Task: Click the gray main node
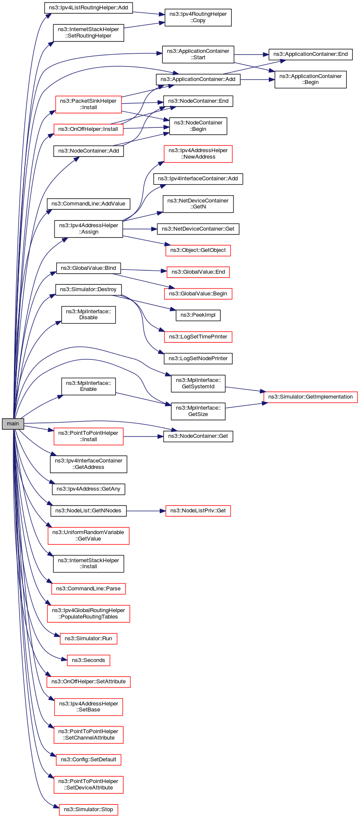pos(13,424)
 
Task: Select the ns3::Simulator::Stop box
pos(88,809)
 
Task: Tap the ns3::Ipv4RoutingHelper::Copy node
pos(198,17)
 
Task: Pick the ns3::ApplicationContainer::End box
pos(310,55)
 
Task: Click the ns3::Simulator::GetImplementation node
pos(310,397)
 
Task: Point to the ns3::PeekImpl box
pos(198,315)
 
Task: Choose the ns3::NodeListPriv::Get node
pos(198,511)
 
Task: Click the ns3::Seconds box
pos(88,660)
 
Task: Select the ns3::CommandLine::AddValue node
pos(88,204)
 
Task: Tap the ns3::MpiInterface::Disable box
pos(88,315)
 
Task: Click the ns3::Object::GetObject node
pos(198,250)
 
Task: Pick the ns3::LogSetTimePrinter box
pos(198,337)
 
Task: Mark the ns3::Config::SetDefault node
pos(88,760)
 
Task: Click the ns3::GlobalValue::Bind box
pos(88,268)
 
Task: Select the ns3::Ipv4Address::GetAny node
pos(88,489)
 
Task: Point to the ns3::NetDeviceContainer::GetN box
pos(198,204)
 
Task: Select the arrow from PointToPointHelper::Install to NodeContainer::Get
pos(143,436)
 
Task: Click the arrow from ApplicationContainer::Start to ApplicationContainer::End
pos(251,55)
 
